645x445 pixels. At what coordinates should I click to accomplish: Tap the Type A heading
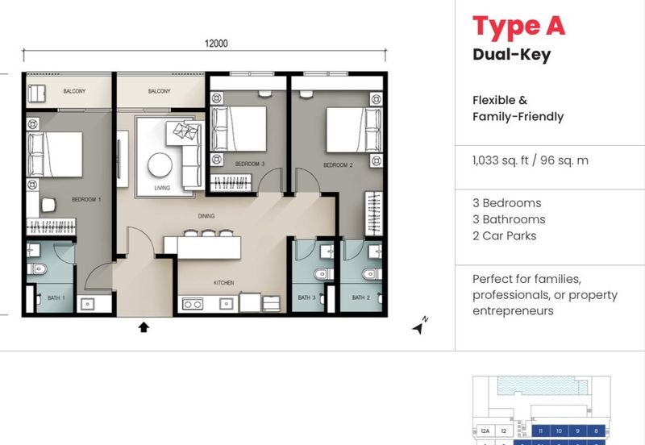point(518,27)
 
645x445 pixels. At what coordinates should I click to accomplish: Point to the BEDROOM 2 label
point(339,165)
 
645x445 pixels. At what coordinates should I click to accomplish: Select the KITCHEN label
point(224,284)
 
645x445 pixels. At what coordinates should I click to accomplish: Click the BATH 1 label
point(58,298)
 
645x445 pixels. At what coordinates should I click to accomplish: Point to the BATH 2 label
point(360,298)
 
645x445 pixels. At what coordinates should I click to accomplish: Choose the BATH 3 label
point(307,298)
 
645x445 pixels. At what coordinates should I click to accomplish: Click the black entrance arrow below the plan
point(144,326)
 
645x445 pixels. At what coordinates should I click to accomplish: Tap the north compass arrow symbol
point(418,327)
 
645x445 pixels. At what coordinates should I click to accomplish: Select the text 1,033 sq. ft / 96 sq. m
point(531,160)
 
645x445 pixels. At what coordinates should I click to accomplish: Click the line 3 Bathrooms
point(509,219)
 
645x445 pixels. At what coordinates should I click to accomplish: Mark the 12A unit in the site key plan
point(485,431)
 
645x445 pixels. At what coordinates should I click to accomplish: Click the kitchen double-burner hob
point(193,304)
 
